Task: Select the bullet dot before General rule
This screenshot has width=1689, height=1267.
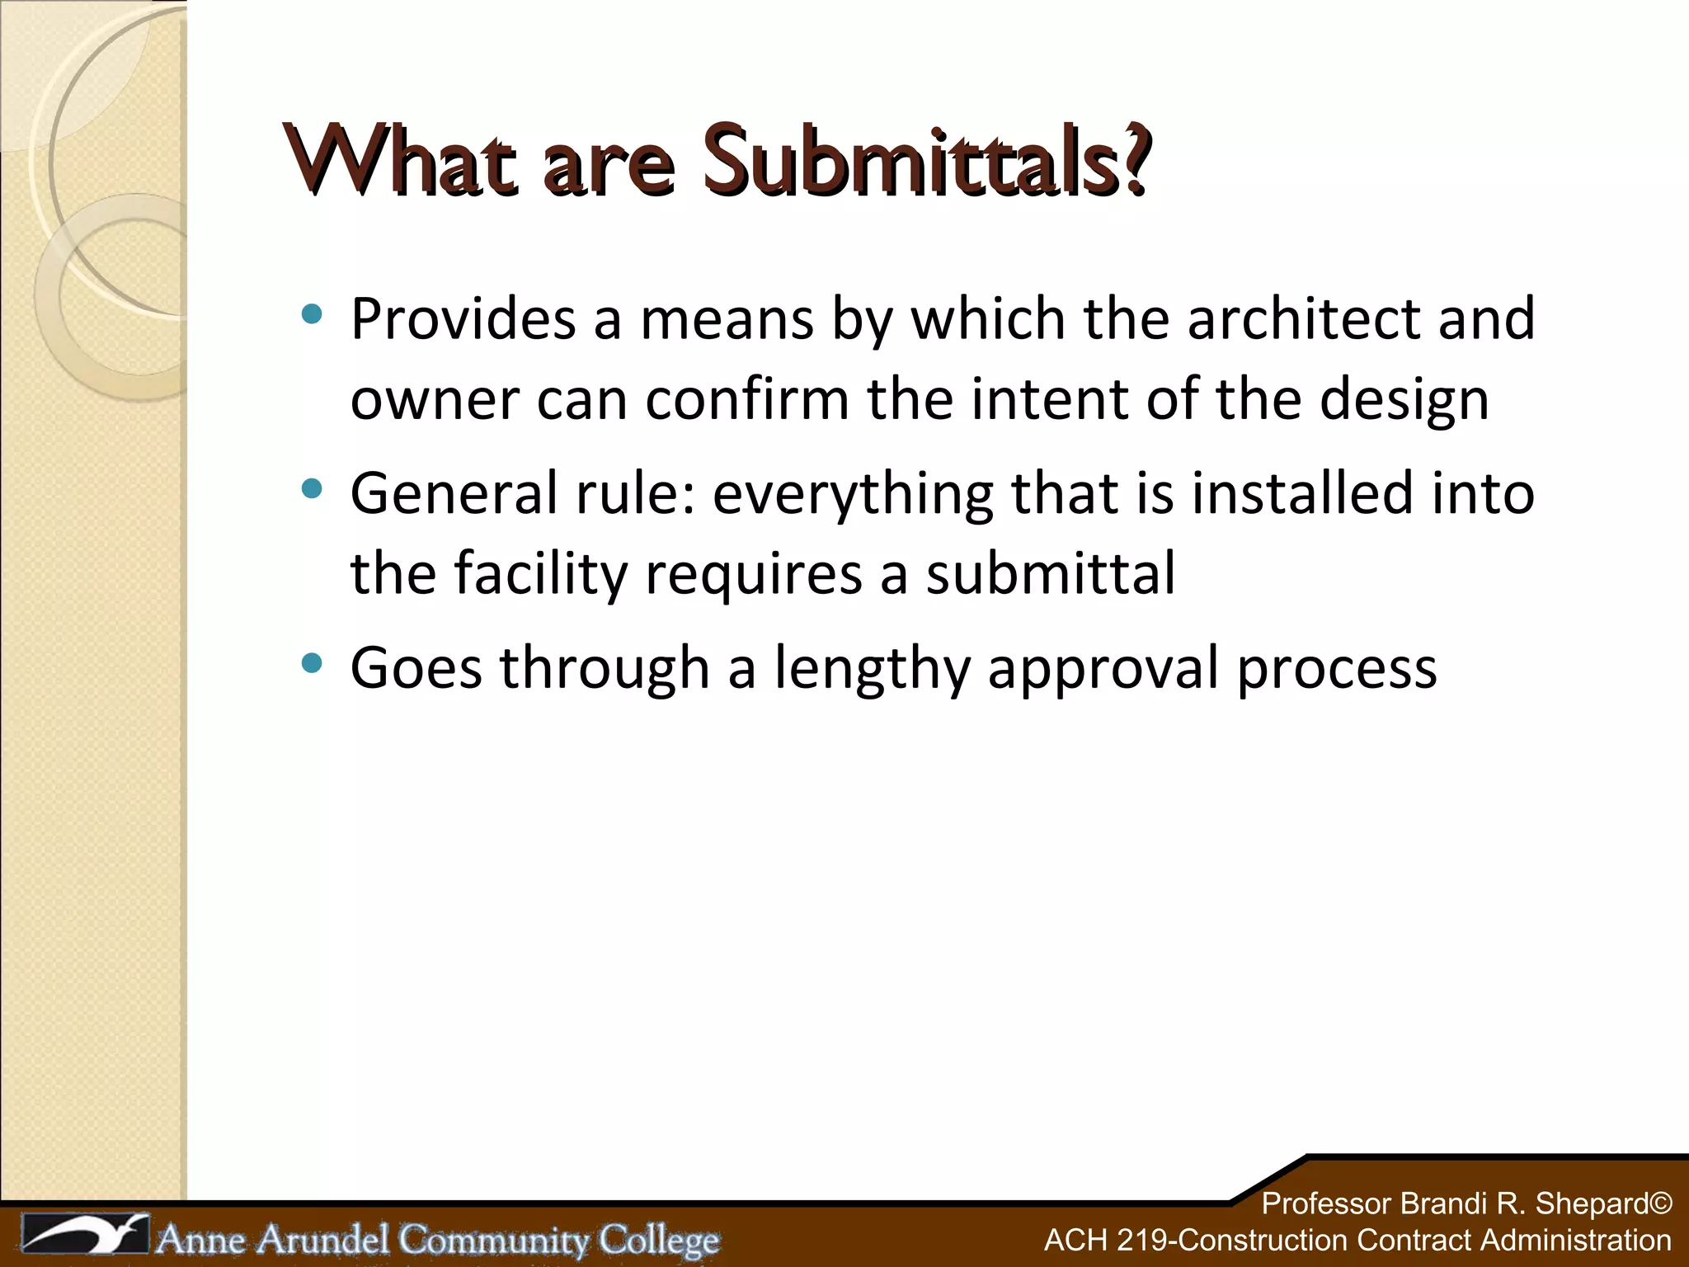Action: (312, 489)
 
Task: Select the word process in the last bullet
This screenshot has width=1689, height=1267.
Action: (1337, 670)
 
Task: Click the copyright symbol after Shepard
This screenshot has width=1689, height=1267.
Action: (1659, 1203)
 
